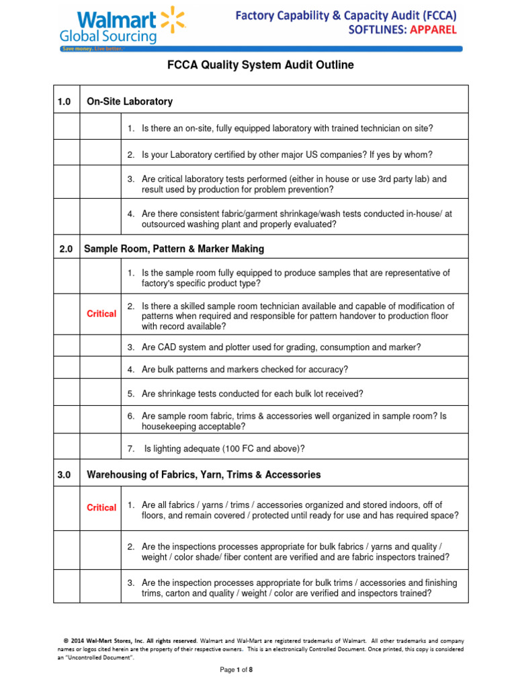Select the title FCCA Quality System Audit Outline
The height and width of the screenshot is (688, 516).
[x=260, y=65]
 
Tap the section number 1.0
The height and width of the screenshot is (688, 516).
[x=66, y=101]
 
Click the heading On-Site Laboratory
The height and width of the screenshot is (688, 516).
[x=130, y=101]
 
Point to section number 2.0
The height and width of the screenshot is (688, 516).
[x=66, y=249]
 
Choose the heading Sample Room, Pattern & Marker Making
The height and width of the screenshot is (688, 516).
[x=174, y=249]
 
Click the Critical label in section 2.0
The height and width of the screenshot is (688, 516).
[x=101, y=314]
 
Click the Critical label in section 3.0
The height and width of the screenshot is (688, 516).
[x=101, y=508]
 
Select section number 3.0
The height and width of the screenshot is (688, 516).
[x=64, y=475]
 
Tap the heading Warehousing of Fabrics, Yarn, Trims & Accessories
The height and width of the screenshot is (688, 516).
[x=204, y=475]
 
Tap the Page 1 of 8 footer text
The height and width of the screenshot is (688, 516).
[x=236, y=670]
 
